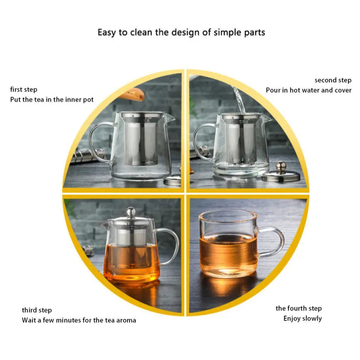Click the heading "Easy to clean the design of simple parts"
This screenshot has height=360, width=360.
click(x=181, y=32)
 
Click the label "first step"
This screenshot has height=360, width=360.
click(x=24, y=90)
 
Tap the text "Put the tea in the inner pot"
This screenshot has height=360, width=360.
click(x=52, y=99)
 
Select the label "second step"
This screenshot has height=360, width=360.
click(x=333, y=80)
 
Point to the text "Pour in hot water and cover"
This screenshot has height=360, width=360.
click(x=308, y=90)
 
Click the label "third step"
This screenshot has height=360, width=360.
click(x=37, y=310)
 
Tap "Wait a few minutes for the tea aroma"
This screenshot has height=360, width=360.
click(x=79, y=320)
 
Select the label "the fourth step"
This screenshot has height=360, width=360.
click(x=299, y=308)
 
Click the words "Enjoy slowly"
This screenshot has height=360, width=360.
click(x=302, y=318)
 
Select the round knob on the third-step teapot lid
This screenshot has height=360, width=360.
click(x=130, y=211)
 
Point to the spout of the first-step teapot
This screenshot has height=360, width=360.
click(x=170, y=118)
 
